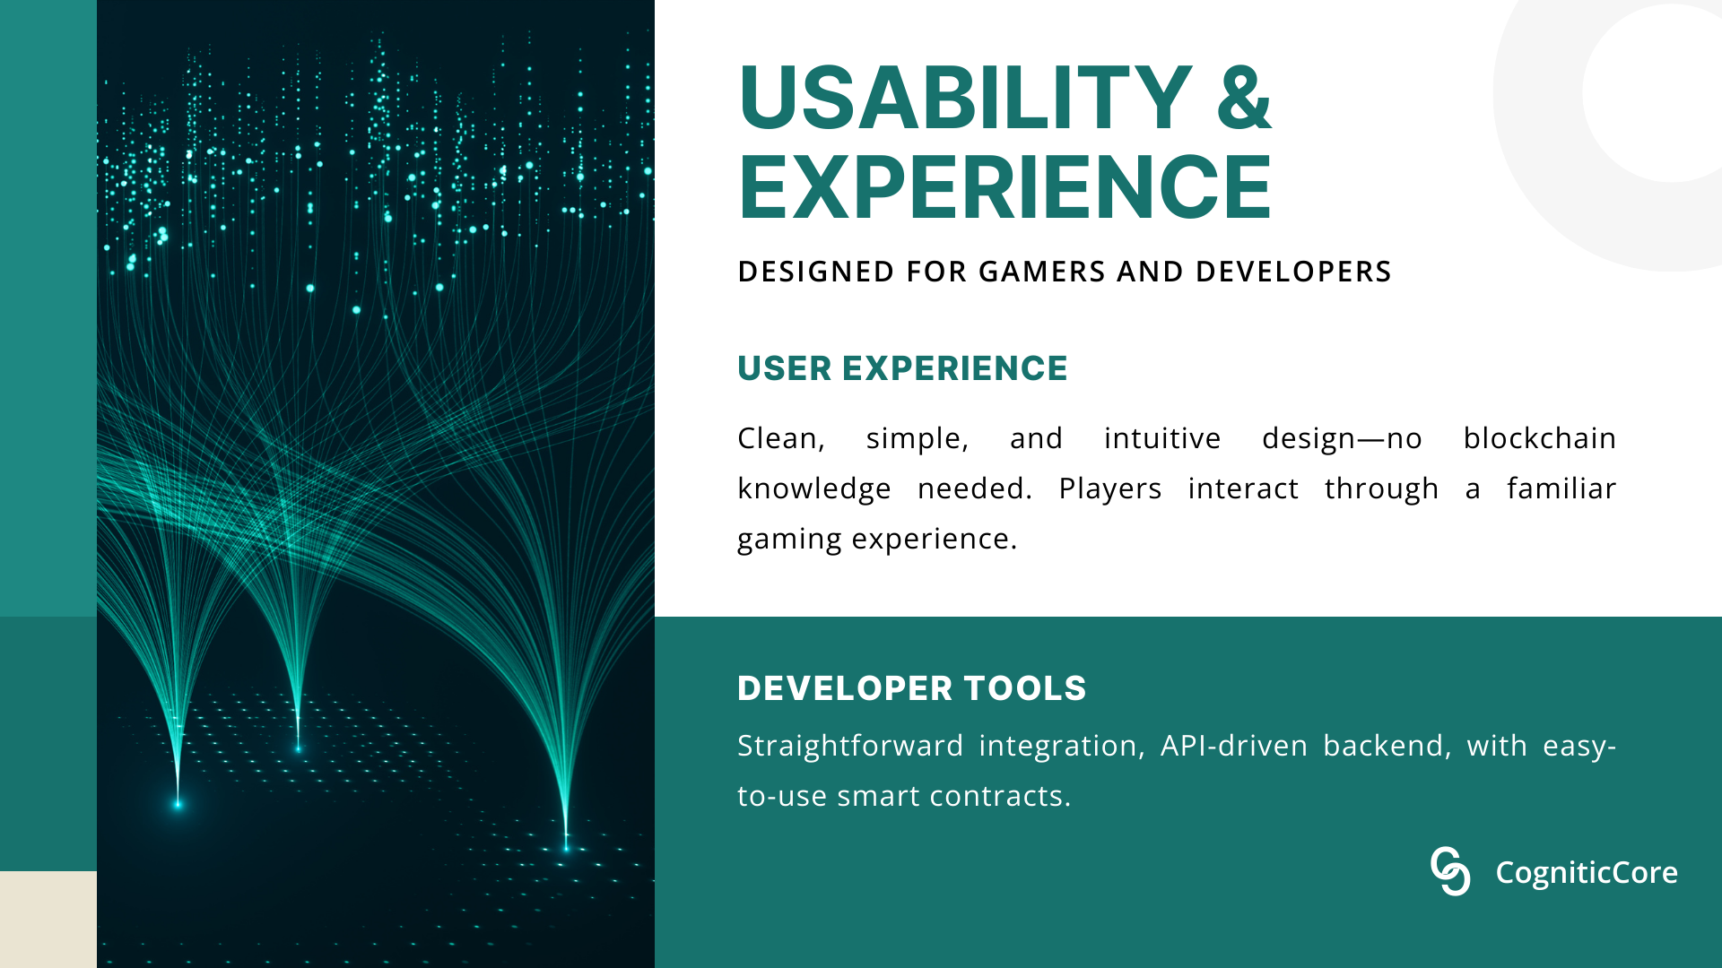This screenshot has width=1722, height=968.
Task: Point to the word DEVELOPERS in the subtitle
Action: click(1293, 272)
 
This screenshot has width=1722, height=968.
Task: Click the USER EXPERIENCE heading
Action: click(902, 368)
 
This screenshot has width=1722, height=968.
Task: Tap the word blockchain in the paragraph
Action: click(1539, 438)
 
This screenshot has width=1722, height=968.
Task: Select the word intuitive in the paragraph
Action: click(1162, 438)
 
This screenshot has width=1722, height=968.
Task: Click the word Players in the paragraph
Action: click(1109, 489)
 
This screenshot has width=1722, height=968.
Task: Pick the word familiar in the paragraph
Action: click(1561, 488)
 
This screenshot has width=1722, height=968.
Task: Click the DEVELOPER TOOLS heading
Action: click(911, 688)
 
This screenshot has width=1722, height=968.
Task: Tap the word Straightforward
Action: click(850, 747)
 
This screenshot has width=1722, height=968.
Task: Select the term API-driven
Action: click(1234, 746)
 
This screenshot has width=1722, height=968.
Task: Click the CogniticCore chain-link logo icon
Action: click(1450, 871)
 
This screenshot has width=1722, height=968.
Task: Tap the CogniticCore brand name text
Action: click(1587, 872)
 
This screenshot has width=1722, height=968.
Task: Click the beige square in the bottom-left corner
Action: click(48, 920)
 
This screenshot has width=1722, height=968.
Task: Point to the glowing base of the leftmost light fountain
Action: click(178, 804)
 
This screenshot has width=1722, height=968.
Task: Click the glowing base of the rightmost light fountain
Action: click(566, 846)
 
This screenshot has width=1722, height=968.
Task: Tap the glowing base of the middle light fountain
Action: click(298, 748)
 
